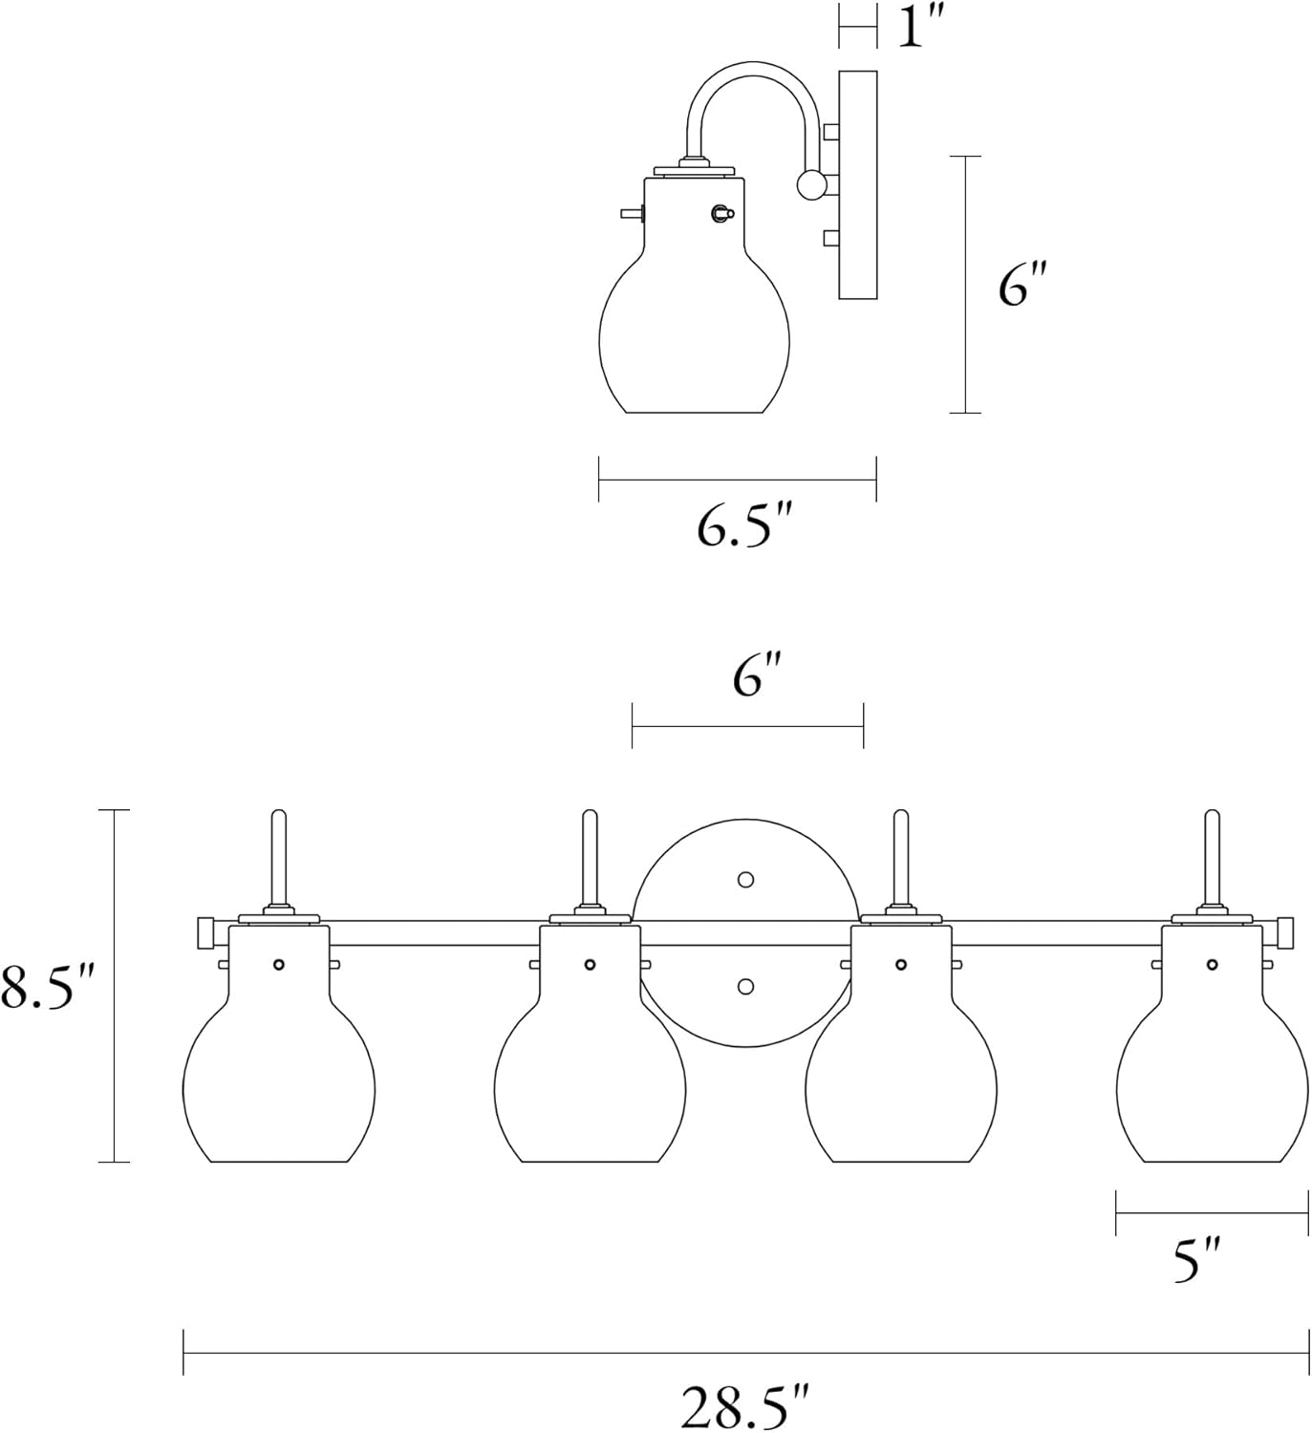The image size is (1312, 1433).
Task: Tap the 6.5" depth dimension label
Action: tap(745, 527)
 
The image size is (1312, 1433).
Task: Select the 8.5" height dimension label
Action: tap(48, 988)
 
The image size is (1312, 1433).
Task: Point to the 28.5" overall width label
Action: tap(745, 1405)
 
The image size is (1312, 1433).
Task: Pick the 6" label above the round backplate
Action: tap(757, 677)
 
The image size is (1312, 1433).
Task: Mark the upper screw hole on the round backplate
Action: tap(746, 879)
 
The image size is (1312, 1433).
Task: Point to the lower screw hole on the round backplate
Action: tap(746, 986)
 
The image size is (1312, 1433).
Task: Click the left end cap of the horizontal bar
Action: tap(204, 933)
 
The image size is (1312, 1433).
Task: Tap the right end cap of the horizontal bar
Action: tap(1286, 932)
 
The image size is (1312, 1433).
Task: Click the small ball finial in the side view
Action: tap(811, 184)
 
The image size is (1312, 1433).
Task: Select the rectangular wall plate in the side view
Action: tap(857, 184)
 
